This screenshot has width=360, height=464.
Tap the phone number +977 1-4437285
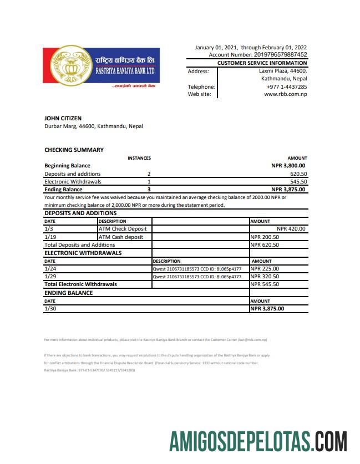pos(287,86)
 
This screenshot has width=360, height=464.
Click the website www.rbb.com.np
pos(285,94)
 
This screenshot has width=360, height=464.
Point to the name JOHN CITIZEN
pos(63,118)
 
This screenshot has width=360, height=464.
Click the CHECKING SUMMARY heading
pos(74,150)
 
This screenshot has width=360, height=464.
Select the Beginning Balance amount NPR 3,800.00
pos(288,165)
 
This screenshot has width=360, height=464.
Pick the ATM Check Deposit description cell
pos(123,228)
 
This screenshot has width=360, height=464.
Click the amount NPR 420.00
pos(291,228)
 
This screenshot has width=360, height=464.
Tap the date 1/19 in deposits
pos(49,237)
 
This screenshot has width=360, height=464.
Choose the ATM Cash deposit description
pos(121,237)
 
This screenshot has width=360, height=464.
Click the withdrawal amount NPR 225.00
pos(265,268)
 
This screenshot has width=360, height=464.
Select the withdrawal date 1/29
pos(49,276)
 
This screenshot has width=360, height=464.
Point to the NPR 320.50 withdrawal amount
pos(265,276)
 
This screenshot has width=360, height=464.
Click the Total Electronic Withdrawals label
pos(80,284)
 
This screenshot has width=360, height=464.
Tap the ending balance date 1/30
pos(49,309)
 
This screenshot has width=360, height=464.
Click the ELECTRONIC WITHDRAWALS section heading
pos(83,253)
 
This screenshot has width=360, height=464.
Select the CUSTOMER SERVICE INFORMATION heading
pos(262,63)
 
